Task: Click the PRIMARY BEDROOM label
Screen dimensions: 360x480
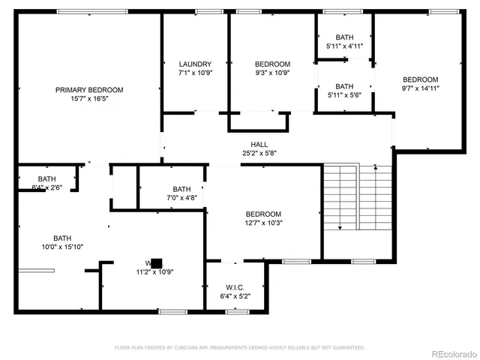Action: [x=89, y=89]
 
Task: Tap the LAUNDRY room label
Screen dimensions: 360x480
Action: [x=195, y=64]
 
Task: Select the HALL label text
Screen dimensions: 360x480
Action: [x=259, y=144]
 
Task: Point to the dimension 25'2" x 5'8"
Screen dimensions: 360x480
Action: [x=259, y=152]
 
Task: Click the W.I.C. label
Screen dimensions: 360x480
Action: [x=235, y=287]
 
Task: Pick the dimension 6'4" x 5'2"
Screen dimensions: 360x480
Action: [x=235, y=295]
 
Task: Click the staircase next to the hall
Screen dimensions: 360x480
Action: [x=357, y=198]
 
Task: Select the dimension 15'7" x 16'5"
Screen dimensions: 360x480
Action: [x=89, y=98]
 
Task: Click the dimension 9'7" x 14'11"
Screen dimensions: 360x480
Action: [x=420, y=88]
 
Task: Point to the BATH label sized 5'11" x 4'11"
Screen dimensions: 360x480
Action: [x=344, y=37]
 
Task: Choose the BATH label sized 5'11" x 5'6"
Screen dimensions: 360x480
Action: [x=344, y=86]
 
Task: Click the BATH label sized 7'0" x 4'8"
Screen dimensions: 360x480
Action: [x=181, y=189]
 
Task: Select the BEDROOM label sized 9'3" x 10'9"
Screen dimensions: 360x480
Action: [x=272, y=64]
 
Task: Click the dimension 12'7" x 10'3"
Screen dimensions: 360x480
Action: [x=263, y=223]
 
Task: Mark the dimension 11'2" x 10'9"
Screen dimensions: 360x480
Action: [x=154, y=271]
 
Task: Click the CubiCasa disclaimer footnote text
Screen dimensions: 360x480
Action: [x=239, y=347]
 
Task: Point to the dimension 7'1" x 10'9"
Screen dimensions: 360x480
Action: [x=195, y=73]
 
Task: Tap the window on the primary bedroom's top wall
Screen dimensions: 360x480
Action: [x=82, y=11]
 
